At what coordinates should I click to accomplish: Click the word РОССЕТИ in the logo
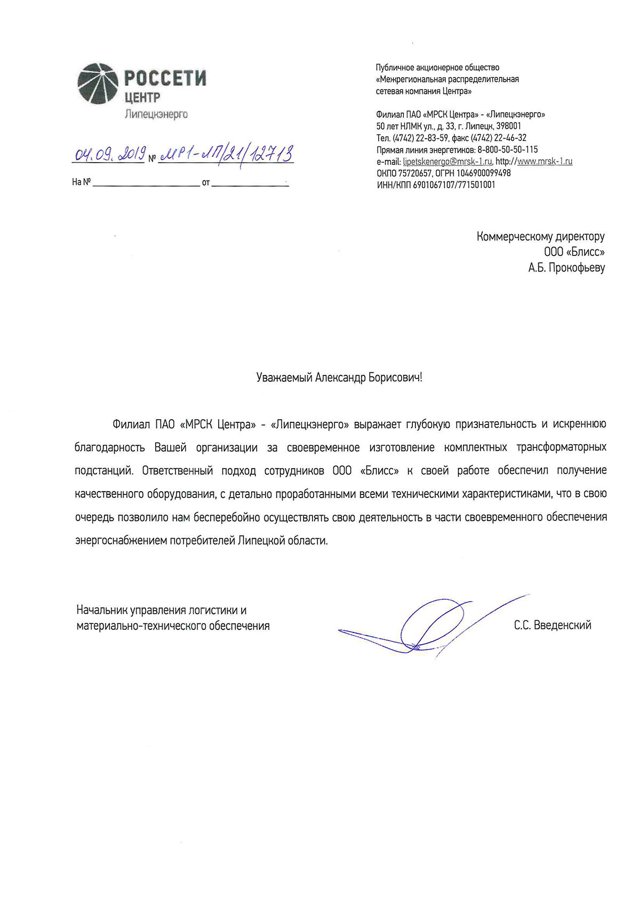165,79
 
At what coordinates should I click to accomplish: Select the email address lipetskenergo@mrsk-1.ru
447,162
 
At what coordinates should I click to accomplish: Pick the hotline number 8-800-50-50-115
507,150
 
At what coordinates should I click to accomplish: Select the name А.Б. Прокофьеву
566,267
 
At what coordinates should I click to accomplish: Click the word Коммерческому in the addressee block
511,236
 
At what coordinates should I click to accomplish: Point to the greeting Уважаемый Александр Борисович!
339,378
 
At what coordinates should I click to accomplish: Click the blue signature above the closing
427,624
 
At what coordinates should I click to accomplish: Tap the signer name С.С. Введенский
553,626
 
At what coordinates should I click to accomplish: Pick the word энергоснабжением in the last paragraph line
121,541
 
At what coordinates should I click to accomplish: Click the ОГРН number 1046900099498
483,173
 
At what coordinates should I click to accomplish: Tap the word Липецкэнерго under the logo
156,114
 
